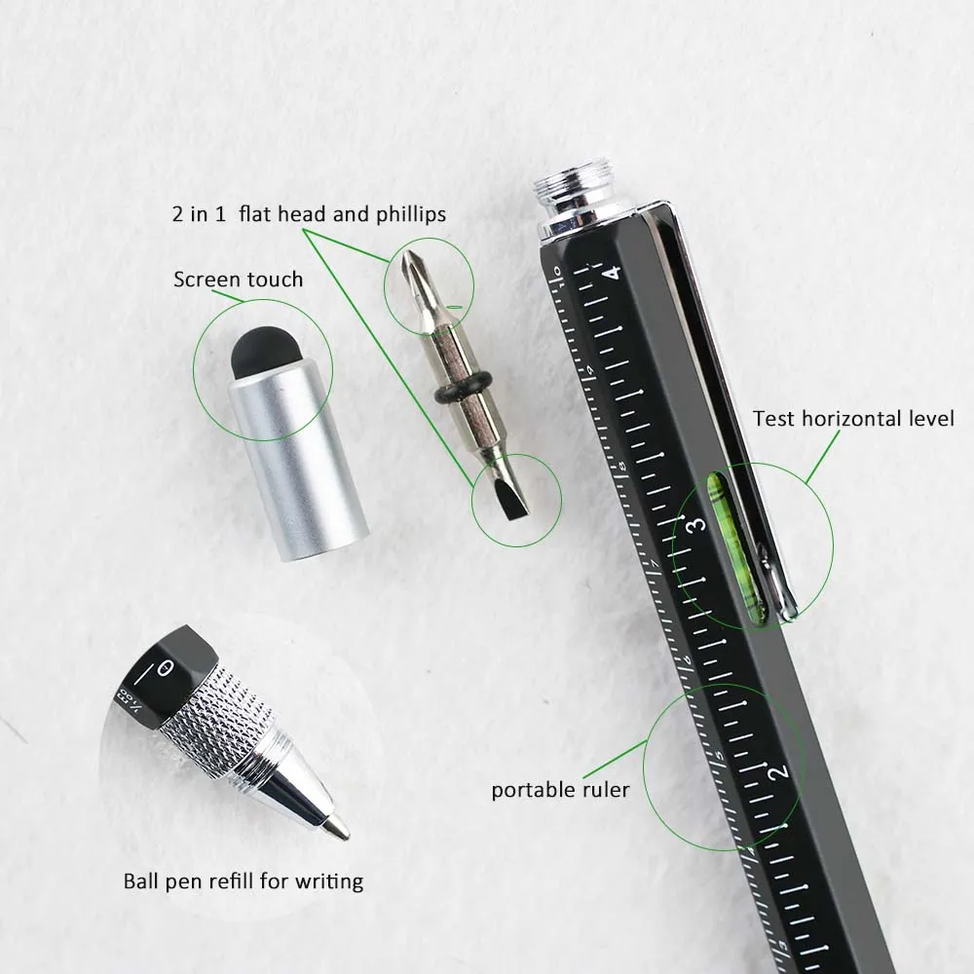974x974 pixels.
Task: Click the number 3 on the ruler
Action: pos(695,526)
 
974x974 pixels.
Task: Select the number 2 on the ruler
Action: pos(776,772)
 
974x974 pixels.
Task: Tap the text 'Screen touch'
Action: pos(238,280)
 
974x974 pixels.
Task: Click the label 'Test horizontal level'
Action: pos(853,419)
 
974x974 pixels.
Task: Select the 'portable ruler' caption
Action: pos(559,789)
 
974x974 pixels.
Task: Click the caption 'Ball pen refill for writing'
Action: pos(243,881)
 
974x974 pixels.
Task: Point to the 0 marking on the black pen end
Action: pos(166,670)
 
